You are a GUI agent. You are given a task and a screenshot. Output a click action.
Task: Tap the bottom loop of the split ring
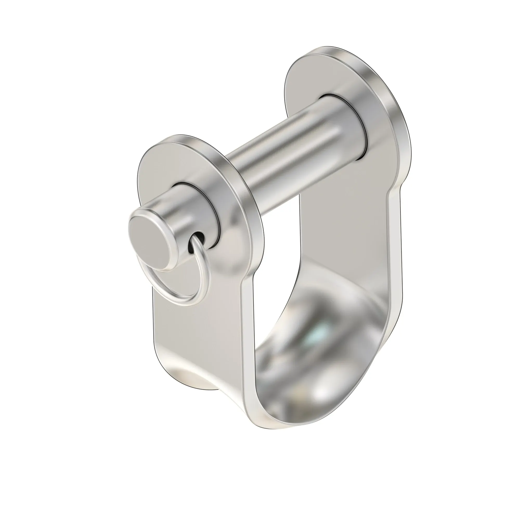click(185, 303)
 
